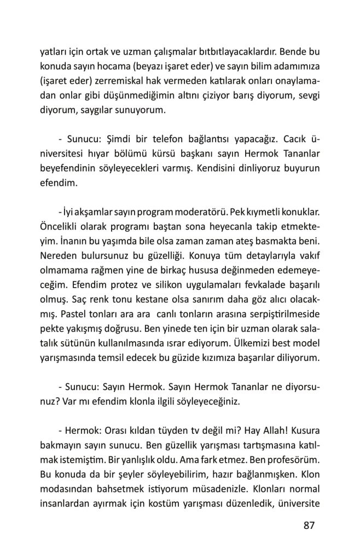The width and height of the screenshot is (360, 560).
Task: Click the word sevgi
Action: coord(307,96)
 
